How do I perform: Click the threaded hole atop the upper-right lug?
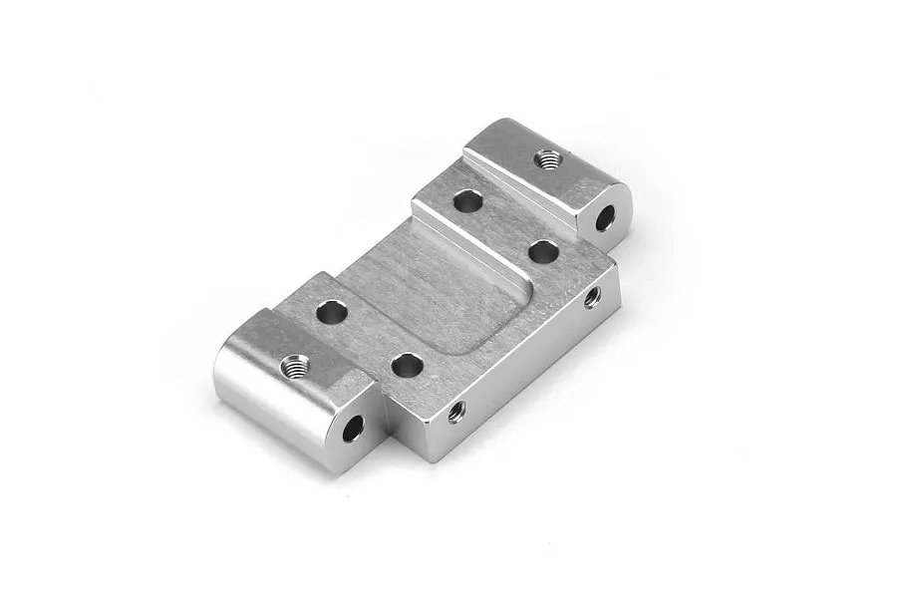tap(547, 159)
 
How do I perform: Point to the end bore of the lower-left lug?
tap(353, 429)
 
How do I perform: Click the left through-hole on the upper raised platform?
tap(467, 201)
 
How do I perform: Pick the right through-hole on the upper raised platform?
tap(543, 251)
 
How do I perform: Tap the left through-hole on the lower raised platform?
tap(332, 313)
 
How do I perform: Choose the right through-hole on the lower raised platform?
tap(406, 366)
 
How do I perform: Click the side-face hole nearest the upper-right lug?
tap(592, 296)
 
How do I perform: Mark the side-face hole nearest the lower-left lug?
tap(456, 410)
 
